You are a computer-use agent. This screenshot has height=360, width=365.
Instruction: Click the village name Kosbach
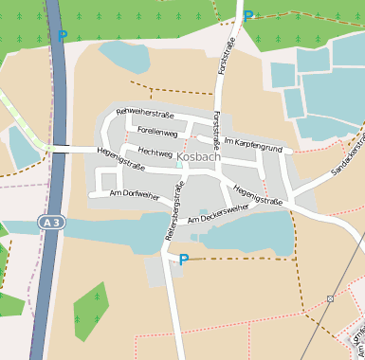point(198,156)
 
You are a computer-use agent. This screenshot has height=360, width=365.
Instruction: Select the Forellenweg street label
point(157,132)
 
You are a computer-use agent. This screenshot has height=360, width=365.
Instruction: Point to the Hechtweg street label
point(155,152)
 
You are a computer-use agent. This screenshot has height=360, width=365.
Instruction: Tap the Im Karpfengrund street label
point(253,145)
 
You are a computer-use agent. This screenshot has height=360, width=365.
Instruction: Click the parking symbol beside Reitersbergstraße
point(184,260)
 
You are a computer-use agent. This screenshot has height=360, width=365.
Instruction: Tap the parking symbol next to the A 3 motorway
point(63,36)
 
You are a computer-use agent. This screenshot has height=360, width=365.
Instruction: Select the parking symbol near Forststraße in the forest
point(248,16)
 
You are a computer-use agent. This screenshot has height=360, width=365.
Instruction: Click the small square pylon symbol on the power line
point(330,298)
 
